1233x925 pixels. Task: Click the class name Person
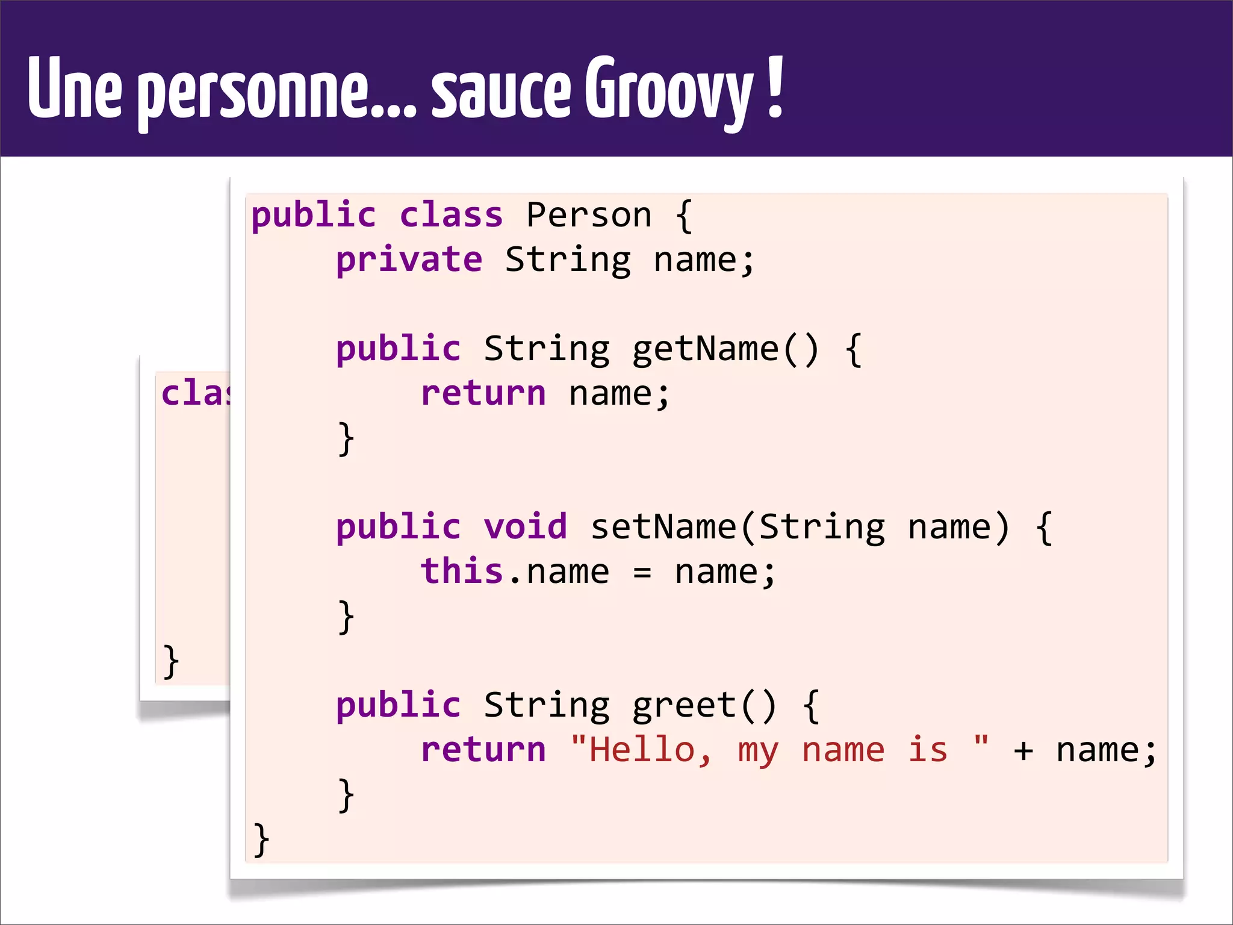(x=589, y=215)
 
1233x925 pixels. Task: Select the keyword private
(x=409, y=260)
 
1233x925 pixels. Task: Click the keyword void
(x=526, y=526)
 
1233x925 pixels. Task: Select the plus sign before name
(x=1023, y=751)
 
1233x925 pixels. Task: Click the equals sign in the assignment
(x=642, y=572)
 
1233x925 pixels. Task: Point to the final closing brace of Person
(x=261, y=839)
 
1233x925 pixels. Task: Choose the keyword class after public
(x=451, y=215)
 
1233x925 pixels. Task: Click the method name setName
(x=663, y=526)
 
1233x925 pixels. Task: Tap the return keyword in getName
(x=483, y=394)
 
